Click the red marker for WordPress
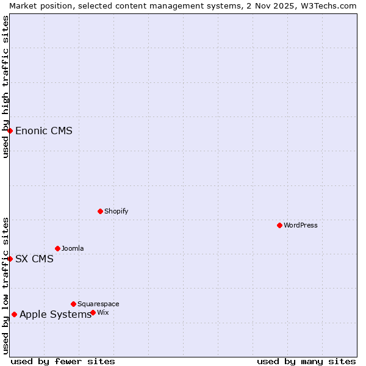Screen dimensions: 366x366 pos(279,225)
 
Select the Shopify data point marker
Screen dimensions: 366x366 pos(100,211)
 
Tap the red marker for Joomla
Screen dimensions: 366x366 pos(57,248)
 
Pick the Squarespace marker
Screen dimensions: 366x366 pos(73,304)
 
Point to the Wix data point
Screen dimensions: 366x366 pos(93,312)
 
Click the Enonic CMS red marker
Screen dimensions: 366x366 pos(10,131)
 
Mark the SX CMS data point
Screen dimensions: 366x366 pos(10,259)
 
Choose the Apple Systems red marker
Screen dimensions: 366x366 pos(14,314)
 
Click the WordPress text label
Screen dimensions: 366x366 pos(301,225)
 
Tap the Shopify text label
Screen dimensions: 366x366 pos(116,211)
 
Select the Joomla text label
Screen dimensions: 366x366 pos(73,248)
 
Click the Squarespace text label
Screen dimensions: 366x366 pos(98,304)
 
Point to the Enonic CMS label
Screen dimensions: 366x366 pos(44,131)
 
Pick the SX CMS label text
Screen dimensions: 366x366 pos(34,259)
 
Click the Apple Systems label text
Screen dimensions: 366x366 pos(56,314)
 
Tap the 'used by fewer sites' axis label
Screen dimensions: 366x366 pos(63,361)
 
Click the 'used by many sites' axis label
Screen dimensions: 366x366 pos(306,361)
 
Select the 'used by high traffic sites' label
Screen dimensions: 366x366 pos(5,87)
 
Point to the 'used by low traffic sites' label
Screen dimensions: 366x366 pos(5,285)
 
